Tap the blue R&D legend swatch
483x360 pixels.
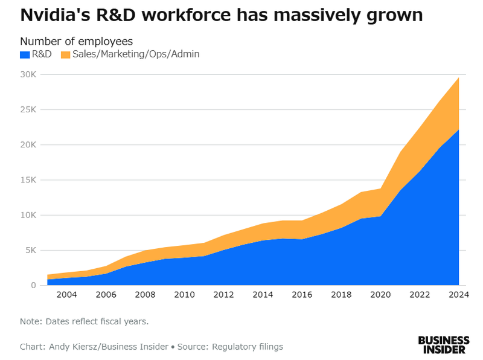pyautogui.click(x=25, y=54)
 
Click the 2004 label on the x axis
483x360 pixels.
pyautogui.click(x=66, y=294)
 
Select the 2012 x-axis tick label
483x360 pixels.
pyautogui.click(x=223, y=294)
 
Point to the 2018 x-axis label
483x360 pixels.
pyautogui.click(x=341, y=294)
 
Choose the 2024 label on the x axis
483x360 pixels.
pyautogui.click(x=458, y=294)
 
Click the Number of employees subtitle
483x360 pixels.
pyautogui.click(x=77, y=41)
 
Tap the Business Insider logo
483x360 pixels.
pyautogui.click(x=444, y=344)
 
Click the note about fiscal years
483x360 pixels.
pyautogui.click(x=84, y=321)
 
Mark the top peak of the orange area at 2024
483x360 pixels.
pyautogui.click(x=458, y=78)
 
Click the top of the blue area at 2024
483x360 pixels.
pyautogui.click(x=458, y=130)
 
